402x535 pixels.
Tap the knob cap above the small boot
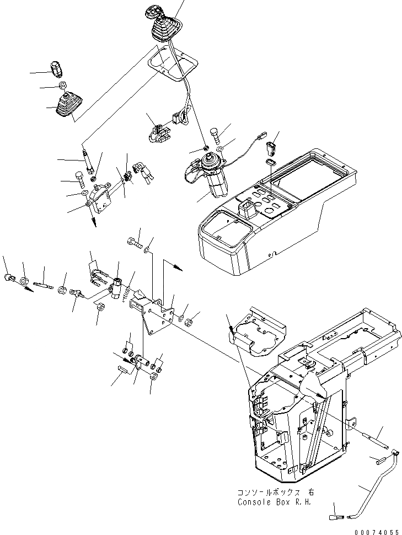point(57,70)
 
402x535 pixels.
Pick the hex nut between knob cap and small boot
point(63,86)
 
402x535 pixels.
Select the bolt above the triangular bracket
point(133,241)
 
